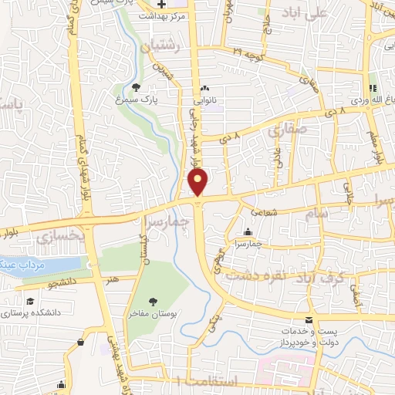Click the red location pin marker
[198, 182]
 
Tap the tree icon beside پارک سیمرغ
[137, 87]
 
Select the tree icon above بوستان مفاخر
[152, 302]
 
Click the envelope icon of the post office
[309, 319]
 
